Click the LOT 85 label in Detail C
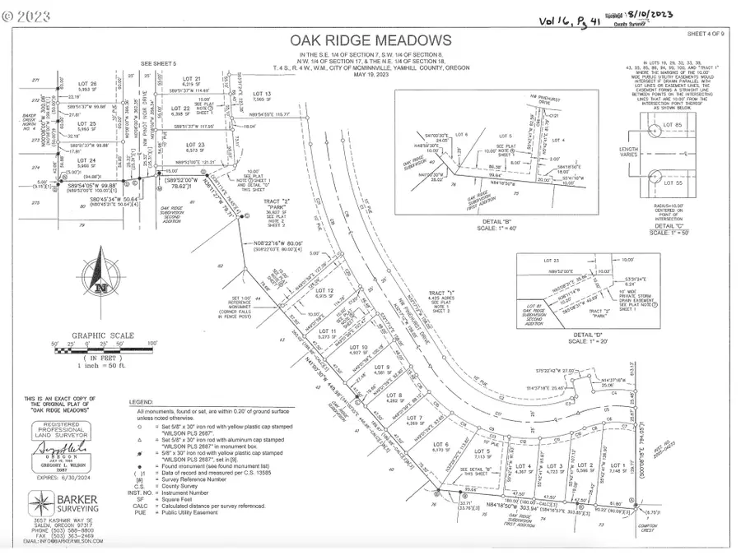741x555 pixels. tap(674, 125)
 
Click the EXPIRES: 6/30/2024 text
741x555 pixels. tap(56, 474)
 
